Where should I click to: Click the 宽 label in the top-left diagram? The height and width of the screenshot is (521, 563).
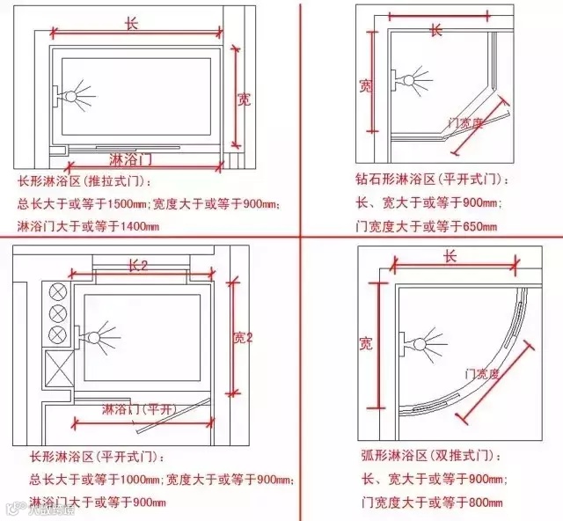pyautogui.click(x=244, y=99)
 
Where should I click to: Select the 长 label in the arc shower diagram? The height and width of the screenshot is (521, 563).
pyautogui.click(x=450, y=256)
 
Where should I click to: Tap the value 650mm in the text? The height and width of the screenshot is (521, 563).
pyautogui.click(x=479, y=227)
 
